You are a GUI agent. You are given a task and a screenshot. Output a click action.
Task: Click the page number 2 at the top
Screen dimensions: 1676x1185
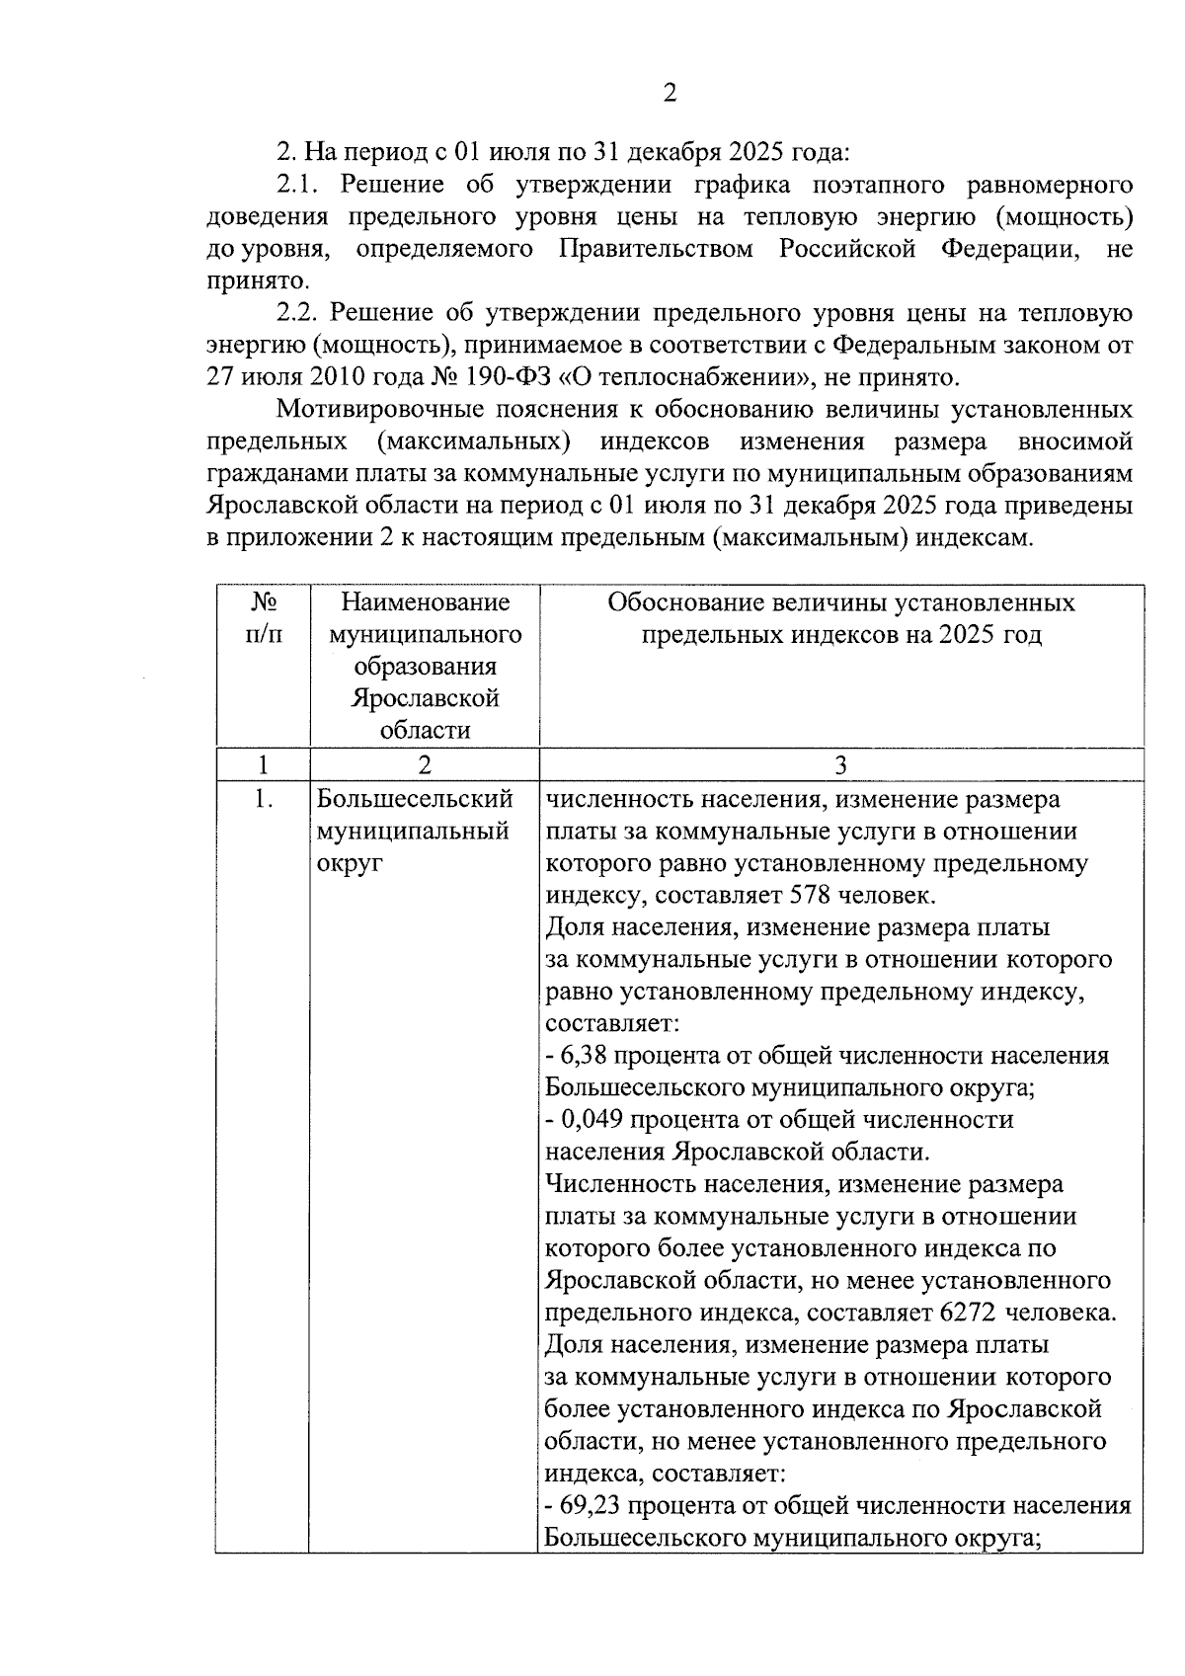click(x=670, y=94)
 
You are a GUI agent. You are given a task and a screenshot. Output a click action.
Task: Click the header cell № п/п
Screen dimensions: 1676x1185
click(x=262, y=618)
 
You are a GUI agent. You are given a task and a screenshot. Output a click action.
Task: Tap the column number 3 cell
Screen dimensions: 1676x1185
click(x=840, y=765)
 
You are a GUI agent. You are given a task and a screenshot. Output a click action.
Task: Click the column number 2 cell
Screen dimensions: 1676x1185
click(x=424, y=765)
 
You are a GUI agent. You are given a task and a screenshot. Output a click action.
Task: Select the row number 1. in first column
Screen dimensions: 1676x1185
click(x=262, y=799)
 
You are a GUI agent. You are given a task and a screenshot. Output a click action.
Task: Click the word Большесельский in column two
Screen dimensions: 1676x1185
click(x=415, y=799)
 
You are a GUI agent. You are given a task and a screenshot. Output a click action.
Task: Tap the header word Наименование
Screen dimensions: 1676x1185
click(x=425, y=602)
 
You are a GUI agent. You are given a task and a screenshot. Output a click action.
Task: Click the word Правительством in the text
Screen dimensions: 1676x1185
click(x=656, y=249)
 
